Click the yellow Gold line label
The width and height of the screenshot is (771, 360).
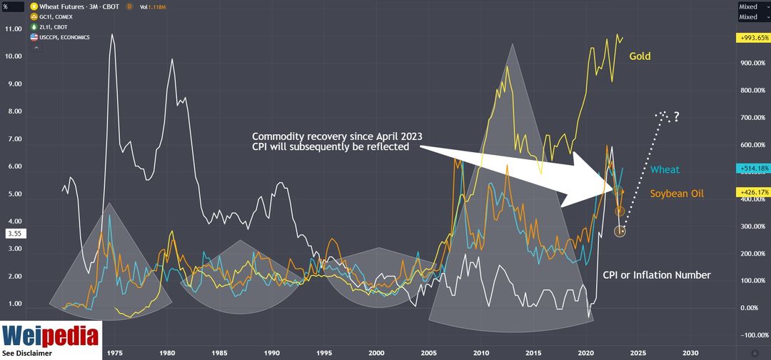640,56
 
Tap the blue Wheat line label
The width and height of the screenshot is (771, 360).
665,170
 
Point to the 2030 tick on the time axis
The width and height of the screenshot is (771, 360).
690,353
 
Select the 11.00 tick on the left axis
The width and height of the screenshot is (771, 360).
14,29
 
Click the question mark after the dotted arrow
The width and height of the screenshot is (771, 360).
675,116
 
